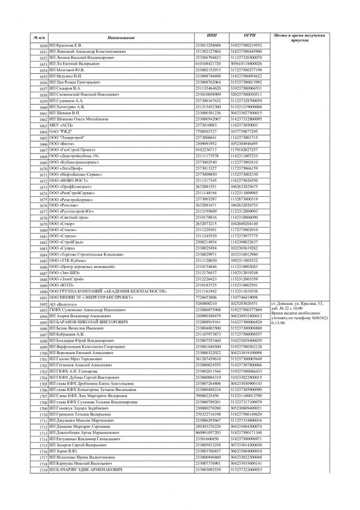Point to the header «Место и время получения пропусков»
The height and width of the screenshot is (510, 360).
coord(299,38)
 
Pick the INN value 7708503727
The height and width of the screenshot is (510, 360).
coord(206,131)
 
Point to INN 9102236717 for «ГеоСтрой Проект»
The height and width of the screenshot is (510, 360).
coord(206,150)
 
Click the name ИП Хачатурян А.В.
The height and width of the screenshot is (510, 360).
coord(67,107)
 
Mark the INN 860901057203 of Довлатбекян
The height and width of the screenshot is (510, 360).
coord(208,432)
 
